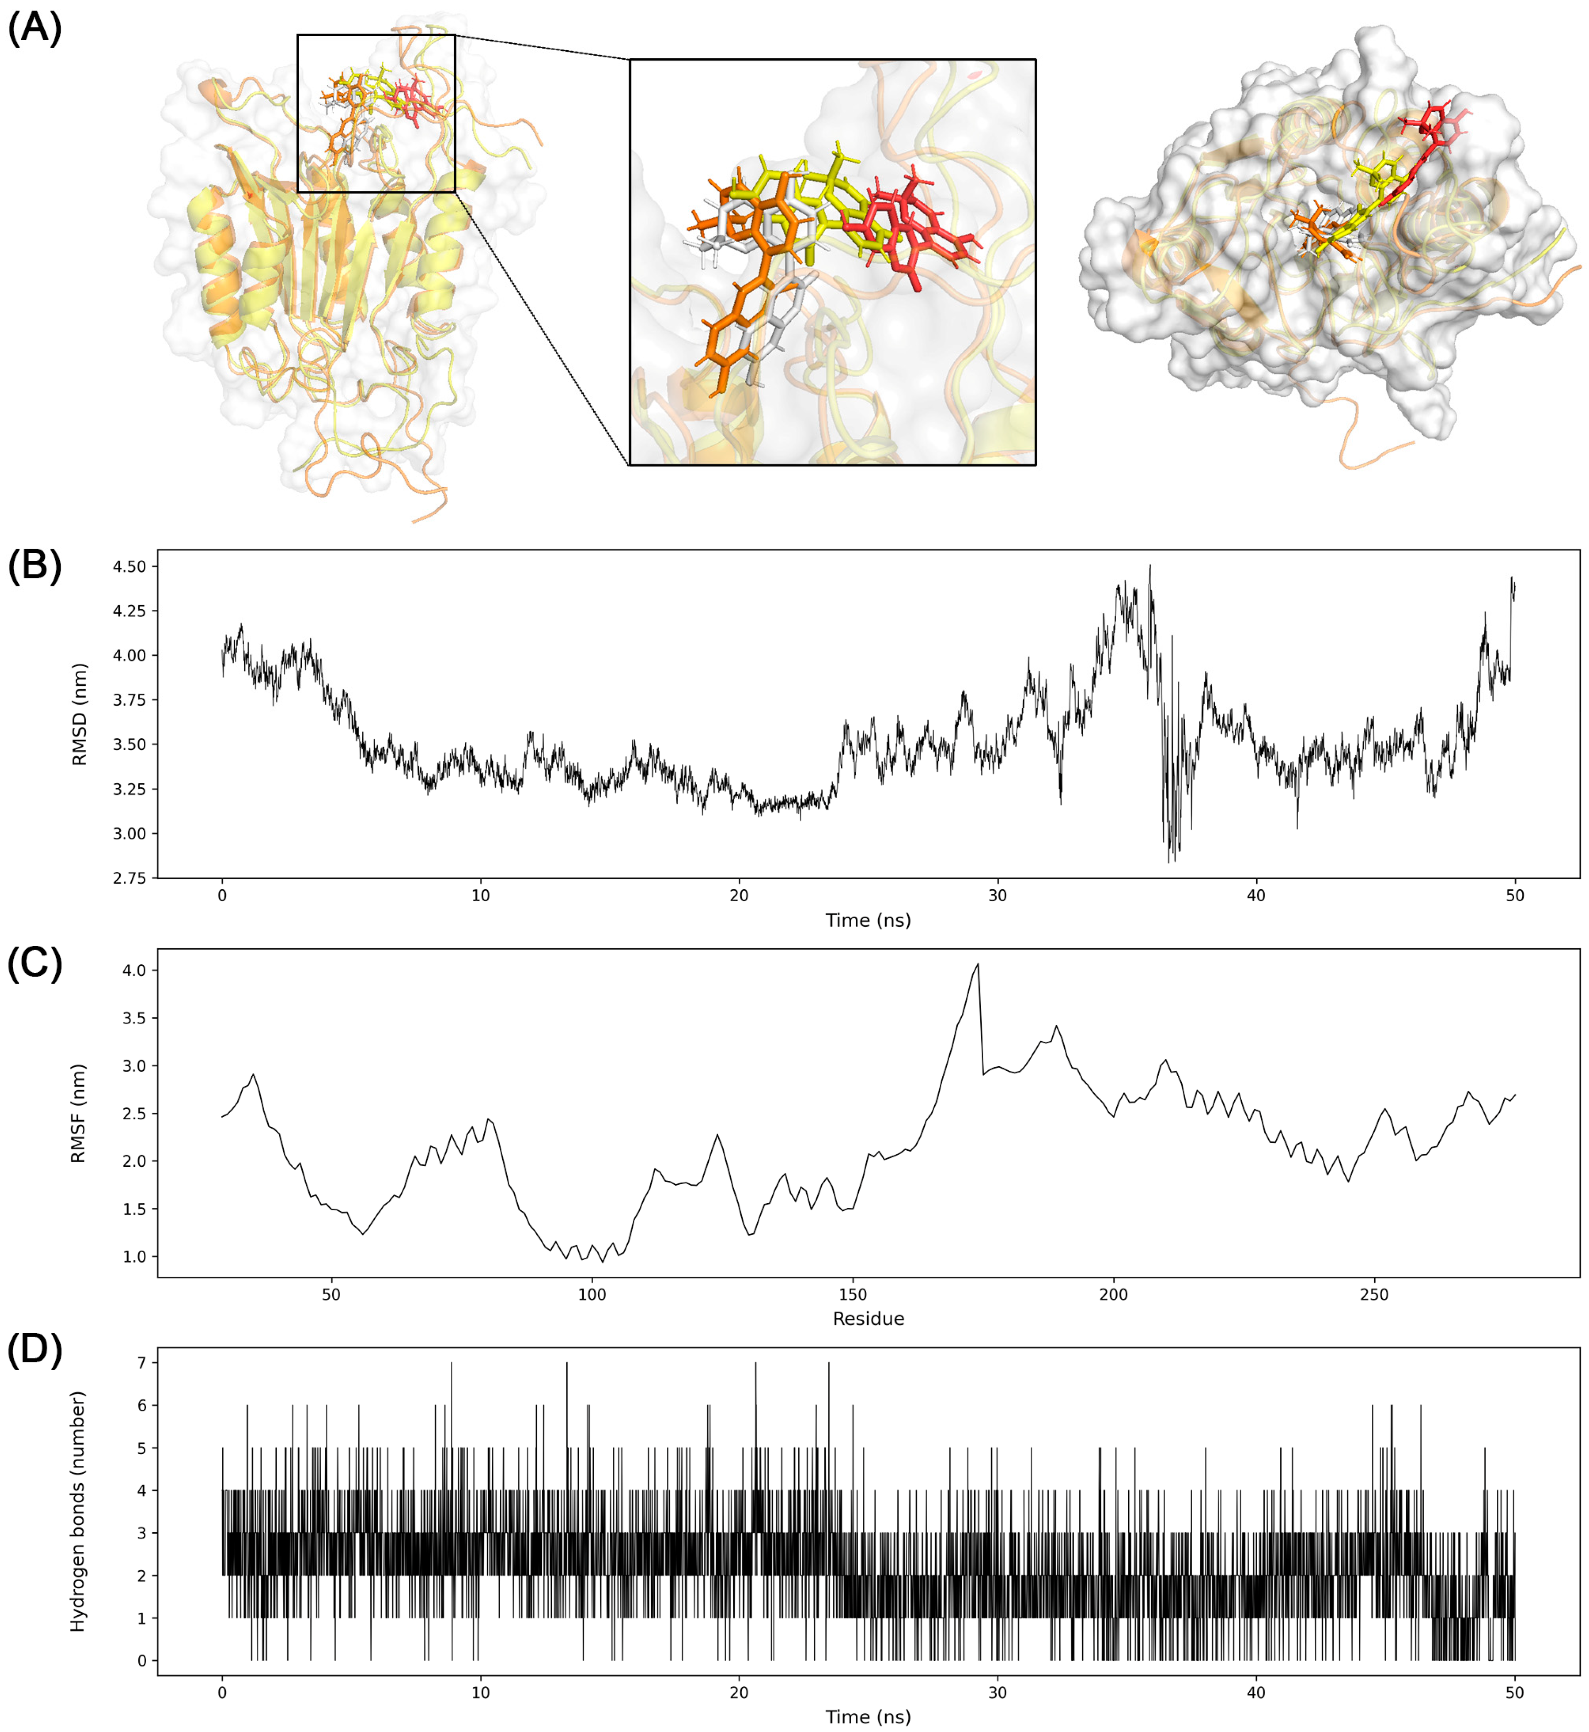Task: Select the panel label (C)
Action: click(34, 964)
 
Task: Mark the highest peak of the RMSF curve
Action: click(977, 964)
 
